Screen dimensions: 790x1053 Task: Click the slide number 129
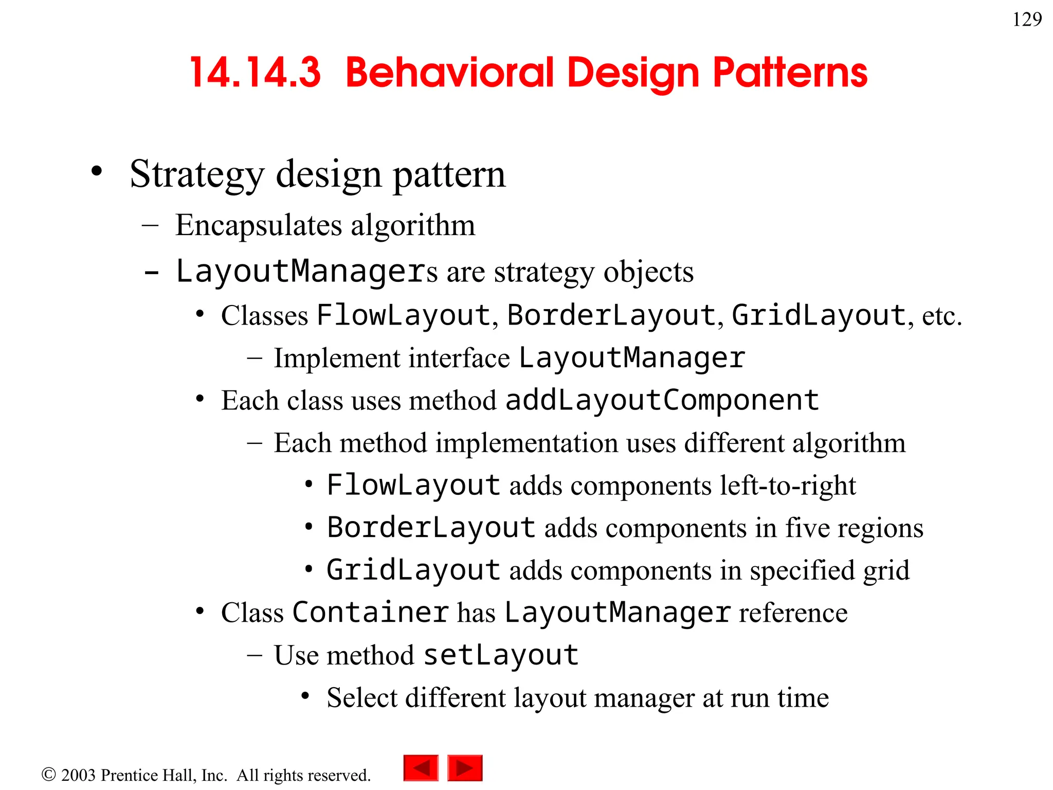1027,20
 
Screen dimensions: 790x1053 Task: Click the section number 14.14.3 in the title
256,73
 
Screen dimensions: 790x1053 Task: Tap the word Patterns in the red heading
790,73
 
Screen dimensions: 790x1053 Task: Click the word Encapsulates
258,225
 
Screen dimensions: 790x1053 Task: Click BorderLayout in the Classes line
611,315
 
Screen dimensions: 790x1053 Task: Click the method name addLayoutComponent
662,400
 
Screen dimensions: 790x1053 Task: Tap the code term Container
370,613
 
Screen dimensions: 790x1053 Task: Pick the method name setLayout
501,655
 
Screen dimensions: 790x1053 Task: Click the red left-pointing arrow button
421,768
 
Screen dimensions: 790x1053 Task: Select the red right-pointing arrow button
465,768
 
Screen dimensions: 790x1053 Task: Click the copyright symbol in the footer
48,774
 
